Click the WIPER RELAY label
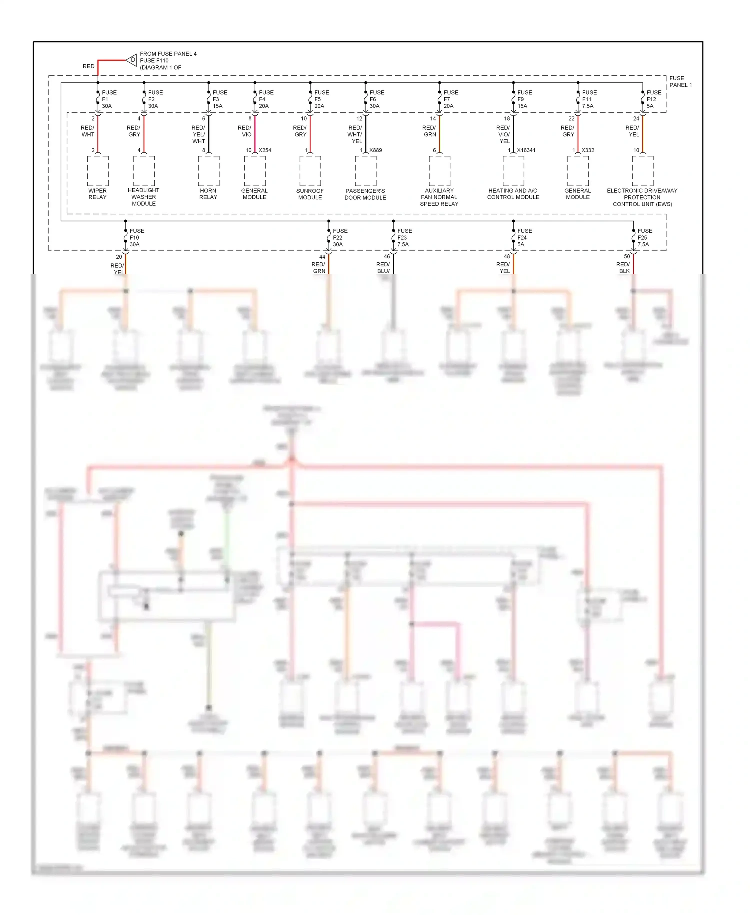(97, 194)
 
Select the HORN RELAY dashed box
(208, 171)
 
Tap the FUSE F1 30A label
(109, 99)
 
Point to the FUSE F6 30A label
(376, 99)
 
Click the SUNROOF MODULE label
(310, 194)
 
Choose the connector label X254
(265, 150)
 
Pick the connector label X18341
(526, 150)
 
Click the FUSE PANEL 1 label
(680, 82)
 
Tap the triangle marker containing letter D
(132, 60)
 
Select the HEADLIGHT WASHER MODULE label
(144, 197)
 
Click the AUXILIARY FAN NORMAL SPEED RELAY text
(439, 197)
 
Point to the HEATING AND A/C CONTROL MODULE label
(513, 194)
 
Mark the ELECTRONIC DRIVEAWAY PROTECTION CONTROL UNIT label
(642, 197)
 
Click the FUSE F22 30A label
(340, 238)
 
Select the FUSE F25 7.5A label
(644, 238)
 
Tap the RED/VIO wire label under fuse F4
(245, 131)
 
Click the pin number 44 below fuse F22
(322, 257)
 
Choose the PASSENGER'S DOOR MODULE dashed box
(366, 171)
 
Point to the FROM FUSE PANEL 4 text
(168, 54)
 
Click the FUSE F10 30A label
(136, 238)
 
